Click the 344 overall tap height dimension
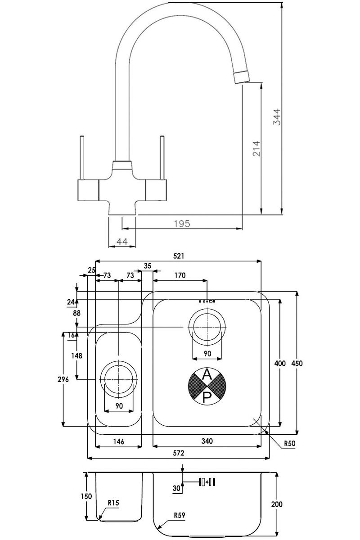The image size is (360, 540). [x=277, y=117]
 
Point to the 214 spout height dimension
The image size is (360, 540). [x=256, y=148]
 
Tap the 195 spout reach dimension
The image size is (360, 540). [x=182, y=224]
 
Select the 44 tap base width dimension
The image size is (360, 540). [x=122, y=241]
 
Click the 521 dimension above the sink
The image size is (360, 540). [x=179, y=256]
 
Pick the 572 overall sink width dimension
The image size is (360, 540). [x=179, y=453]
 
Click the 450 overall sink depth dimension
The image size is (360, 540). [x=297, y=363]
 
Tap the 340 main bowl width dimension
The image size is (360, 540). [x=207, y=441]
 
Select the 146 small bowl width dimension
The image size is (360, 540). [x=119, y=441]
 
